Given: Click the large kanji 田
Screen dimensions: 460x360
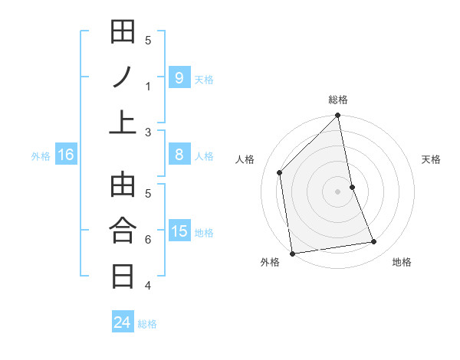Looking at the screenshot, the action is pos(123,32).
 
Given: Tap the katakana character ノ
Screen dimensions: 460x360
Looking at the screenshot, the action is pos(123,76).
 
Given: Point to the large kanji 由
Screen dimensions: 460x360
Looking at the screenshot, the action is pos(123,185).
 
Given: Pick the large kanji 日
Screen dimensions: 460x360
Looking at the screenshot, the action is pos(123,275).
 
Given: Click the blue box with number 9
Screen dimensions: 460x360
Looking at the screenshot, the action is pos(179,77).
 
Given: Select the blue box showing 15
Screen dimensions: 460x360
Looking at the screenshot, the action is pos(179,231).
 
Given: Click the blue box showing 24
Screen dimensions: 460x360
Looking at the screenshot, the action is pos(122,322).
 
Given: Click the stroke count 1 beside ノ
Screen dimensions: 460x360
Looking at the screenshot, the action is pos(148,86).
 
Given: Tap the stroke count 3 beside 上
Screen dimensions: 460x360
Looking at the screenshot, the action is pos(148,132).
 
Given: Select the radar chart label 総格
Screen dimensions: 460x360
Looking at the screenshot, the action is pos(337,100).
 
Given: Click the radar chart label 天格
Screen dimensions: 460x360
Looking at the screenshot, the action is pos(431,159).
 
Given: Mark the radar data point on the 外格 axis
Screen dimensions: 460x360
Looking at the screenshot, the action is pos(292,253).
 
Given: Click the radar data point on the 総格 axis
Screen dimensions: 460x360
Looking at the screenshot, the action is pos(337,116).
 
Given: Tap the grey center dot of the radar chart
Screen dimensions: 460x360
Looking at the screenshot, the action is pos(337,191).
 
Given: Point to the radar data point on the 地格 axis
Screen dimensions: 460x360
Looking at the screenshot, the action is pos(374,242).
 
